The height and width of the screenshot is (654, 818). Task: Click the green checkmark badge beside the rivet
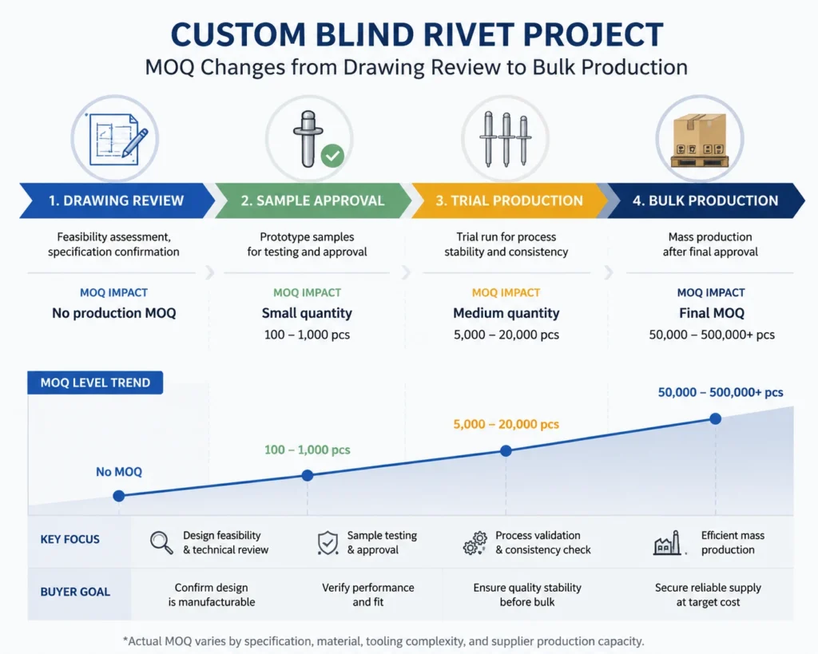pos(332,156)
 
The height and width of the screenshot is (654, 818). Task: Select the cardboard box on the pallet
pos(700,135)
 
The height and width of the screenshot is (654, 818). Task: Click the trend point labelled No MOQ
pos(119,495)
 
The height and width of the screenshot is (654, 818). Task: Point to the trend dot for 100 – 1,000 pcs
pos(308,475)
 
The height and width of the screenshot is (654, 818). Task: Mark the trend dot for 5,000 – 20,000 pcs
pos(506,450)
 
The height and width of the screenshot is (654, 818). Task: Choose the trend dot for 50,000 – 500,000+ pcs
pos(716,418)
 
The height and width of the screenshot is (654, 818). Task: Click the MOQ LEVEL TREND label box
pos(95,382)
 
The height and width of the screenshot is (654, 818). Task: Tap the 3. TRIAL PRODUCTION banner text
pos(509,200)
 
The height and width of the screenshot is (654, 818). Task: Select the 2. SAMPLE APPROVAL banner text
pos(312,200)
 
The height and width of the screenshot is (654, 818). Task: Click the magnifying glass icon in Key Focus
pos(161,542)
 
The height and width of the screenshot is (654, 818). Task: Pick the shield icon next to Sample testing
pos(328,543)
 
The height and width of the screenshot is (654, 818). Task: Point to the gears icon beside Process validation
pos(475,543)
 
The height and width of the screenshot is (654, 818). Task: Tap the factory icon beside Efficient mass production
pos(667,543)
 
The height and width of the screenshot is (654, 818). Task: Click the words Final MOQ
pos(712,313)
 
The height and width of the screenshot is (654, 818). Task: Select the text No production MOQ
pos(113,313)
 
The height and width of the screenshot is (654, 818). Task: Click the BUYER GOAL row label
pos(75,592)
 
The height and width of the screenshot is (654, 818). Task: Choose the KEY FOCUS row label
pos(70,539)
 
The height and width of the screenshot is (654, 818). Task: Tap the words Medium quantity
pos(506,313)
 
